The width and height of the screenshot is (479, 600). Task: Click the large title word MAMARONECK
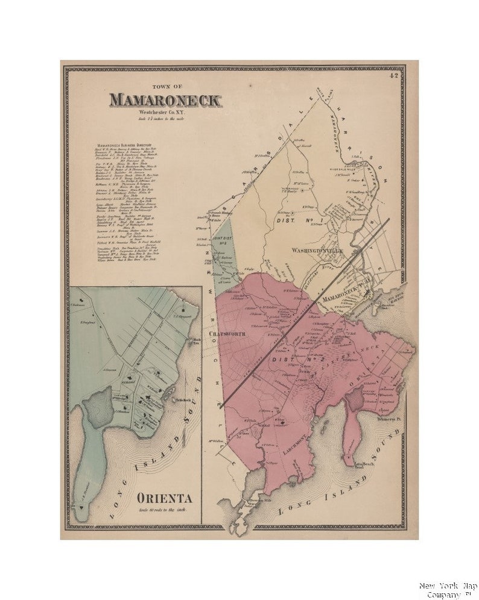pyautogui.click(x=165, y=100)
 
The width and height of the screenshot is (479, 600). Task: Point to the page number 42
pyautogui.click(x=394, y=76)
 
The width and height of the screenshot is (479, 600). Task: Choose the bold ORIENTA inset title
pyautogui.click(x=164, y=498)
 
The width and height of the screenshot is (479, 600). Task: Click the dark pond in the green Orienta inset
pyautogui.click(x=97, y=407)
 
